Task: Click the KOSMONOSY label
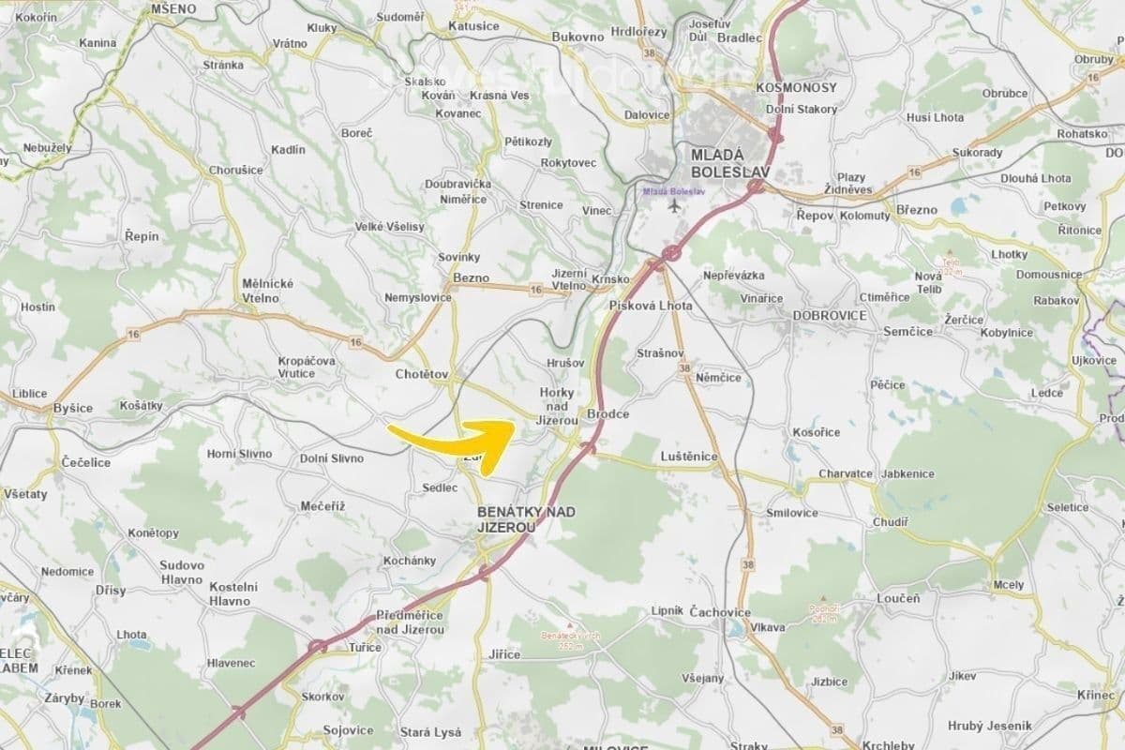click(796, 87)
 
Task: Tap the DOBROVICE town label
click(830, 315)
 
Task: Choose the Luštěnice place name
click(689, 457)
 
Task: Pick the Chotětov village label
click(422, 374)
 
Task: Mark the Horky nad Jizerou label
click(557, 407)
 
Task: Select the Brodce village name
click(607, 413)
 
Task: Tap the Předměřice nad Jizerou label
click(410, 622)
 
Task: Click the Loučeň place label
click(898, 597)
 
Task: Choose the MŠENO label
click(173, 8)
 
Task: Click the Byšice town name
click(73, 408)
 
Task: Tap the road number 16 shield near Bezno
click(535, 292)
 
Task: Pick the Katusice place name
click(473, 25)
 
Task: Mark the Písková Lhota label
click(651, 306)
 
